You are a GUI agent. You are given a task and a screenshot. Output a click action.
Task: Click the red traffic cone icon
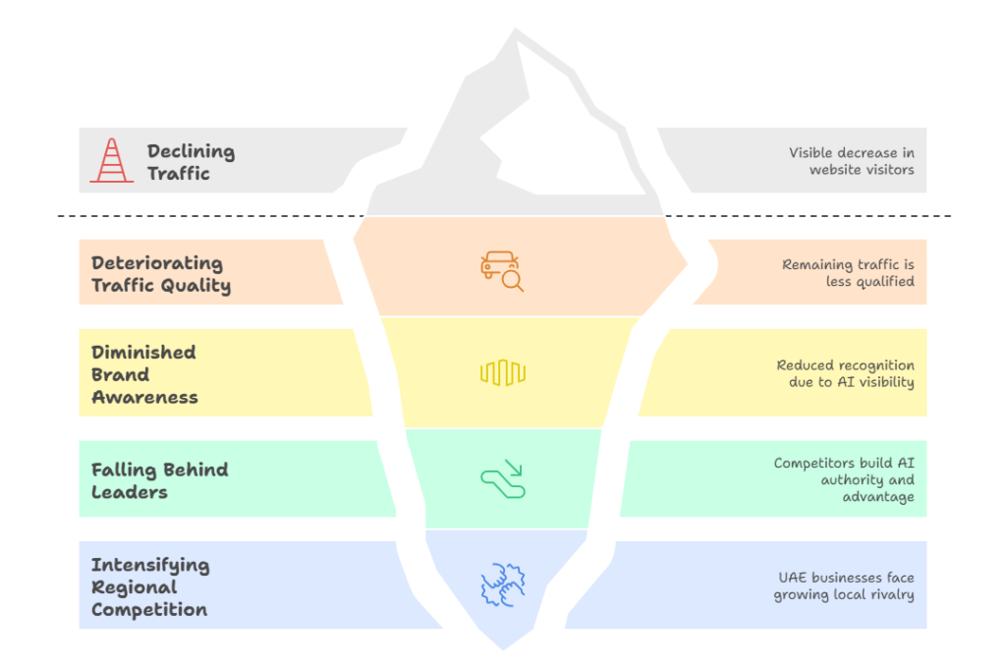pyautogui.click(x=111, y=160)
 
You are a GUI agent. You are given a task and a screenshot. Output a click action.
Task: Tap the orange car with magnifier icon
pyautogui.click(x=502, y=271)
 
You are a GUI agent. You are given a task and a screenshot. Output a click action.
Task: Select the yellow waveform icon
pyautogui.click(x=502, y=372)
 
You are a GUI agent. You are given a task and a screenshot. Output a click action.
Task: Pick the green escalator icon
pyautogui.click(x=502, y=478)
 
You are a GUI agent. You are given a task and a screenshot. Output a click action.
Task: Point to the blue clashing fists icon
pyautogui.click(x=502, y=584)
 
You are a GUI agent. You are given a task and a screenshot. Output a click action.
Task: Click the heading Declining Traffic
pyautogui.click(x=191, y=162)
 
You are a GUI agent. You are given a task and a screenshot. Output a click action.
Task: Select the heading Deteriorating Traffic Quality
pyautogui.click(x=161, y=274)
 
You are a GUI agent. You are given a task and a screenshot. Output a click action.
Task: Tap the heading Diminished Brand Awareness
pyautogui.click(x=144, y=374)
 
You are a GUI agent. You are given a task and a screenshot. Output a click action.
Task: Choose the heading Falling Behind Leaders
pyautogui.click(x=159, y=480)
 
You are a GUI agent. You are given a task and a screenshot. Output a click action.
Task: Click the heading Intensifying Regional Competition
pyautogui.click(x=149, y=586)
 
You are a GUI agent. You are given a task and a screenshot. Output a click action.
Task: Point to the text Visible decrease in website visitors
pyautogui.click(x=851, y=161)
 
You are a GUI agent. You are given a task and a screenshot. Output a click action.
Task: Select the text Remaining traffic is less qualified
pyautogui.click(x=848, y=273)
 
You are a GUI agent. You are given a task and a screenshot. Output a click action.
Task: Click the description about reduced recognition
pyautogui.click(x=845, y=373)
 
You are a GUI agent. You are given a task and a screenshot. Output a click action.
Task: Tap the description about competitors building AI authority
pyautogui.click(x=844, y=479)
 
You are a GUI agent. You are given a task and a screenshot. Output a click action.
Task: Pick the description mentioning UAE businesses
pyautogui.click(x=845, y=586)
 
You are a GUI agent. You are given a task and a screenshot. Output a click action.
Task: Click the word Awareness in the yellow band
pyautogui.click(x=144, y=397)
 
